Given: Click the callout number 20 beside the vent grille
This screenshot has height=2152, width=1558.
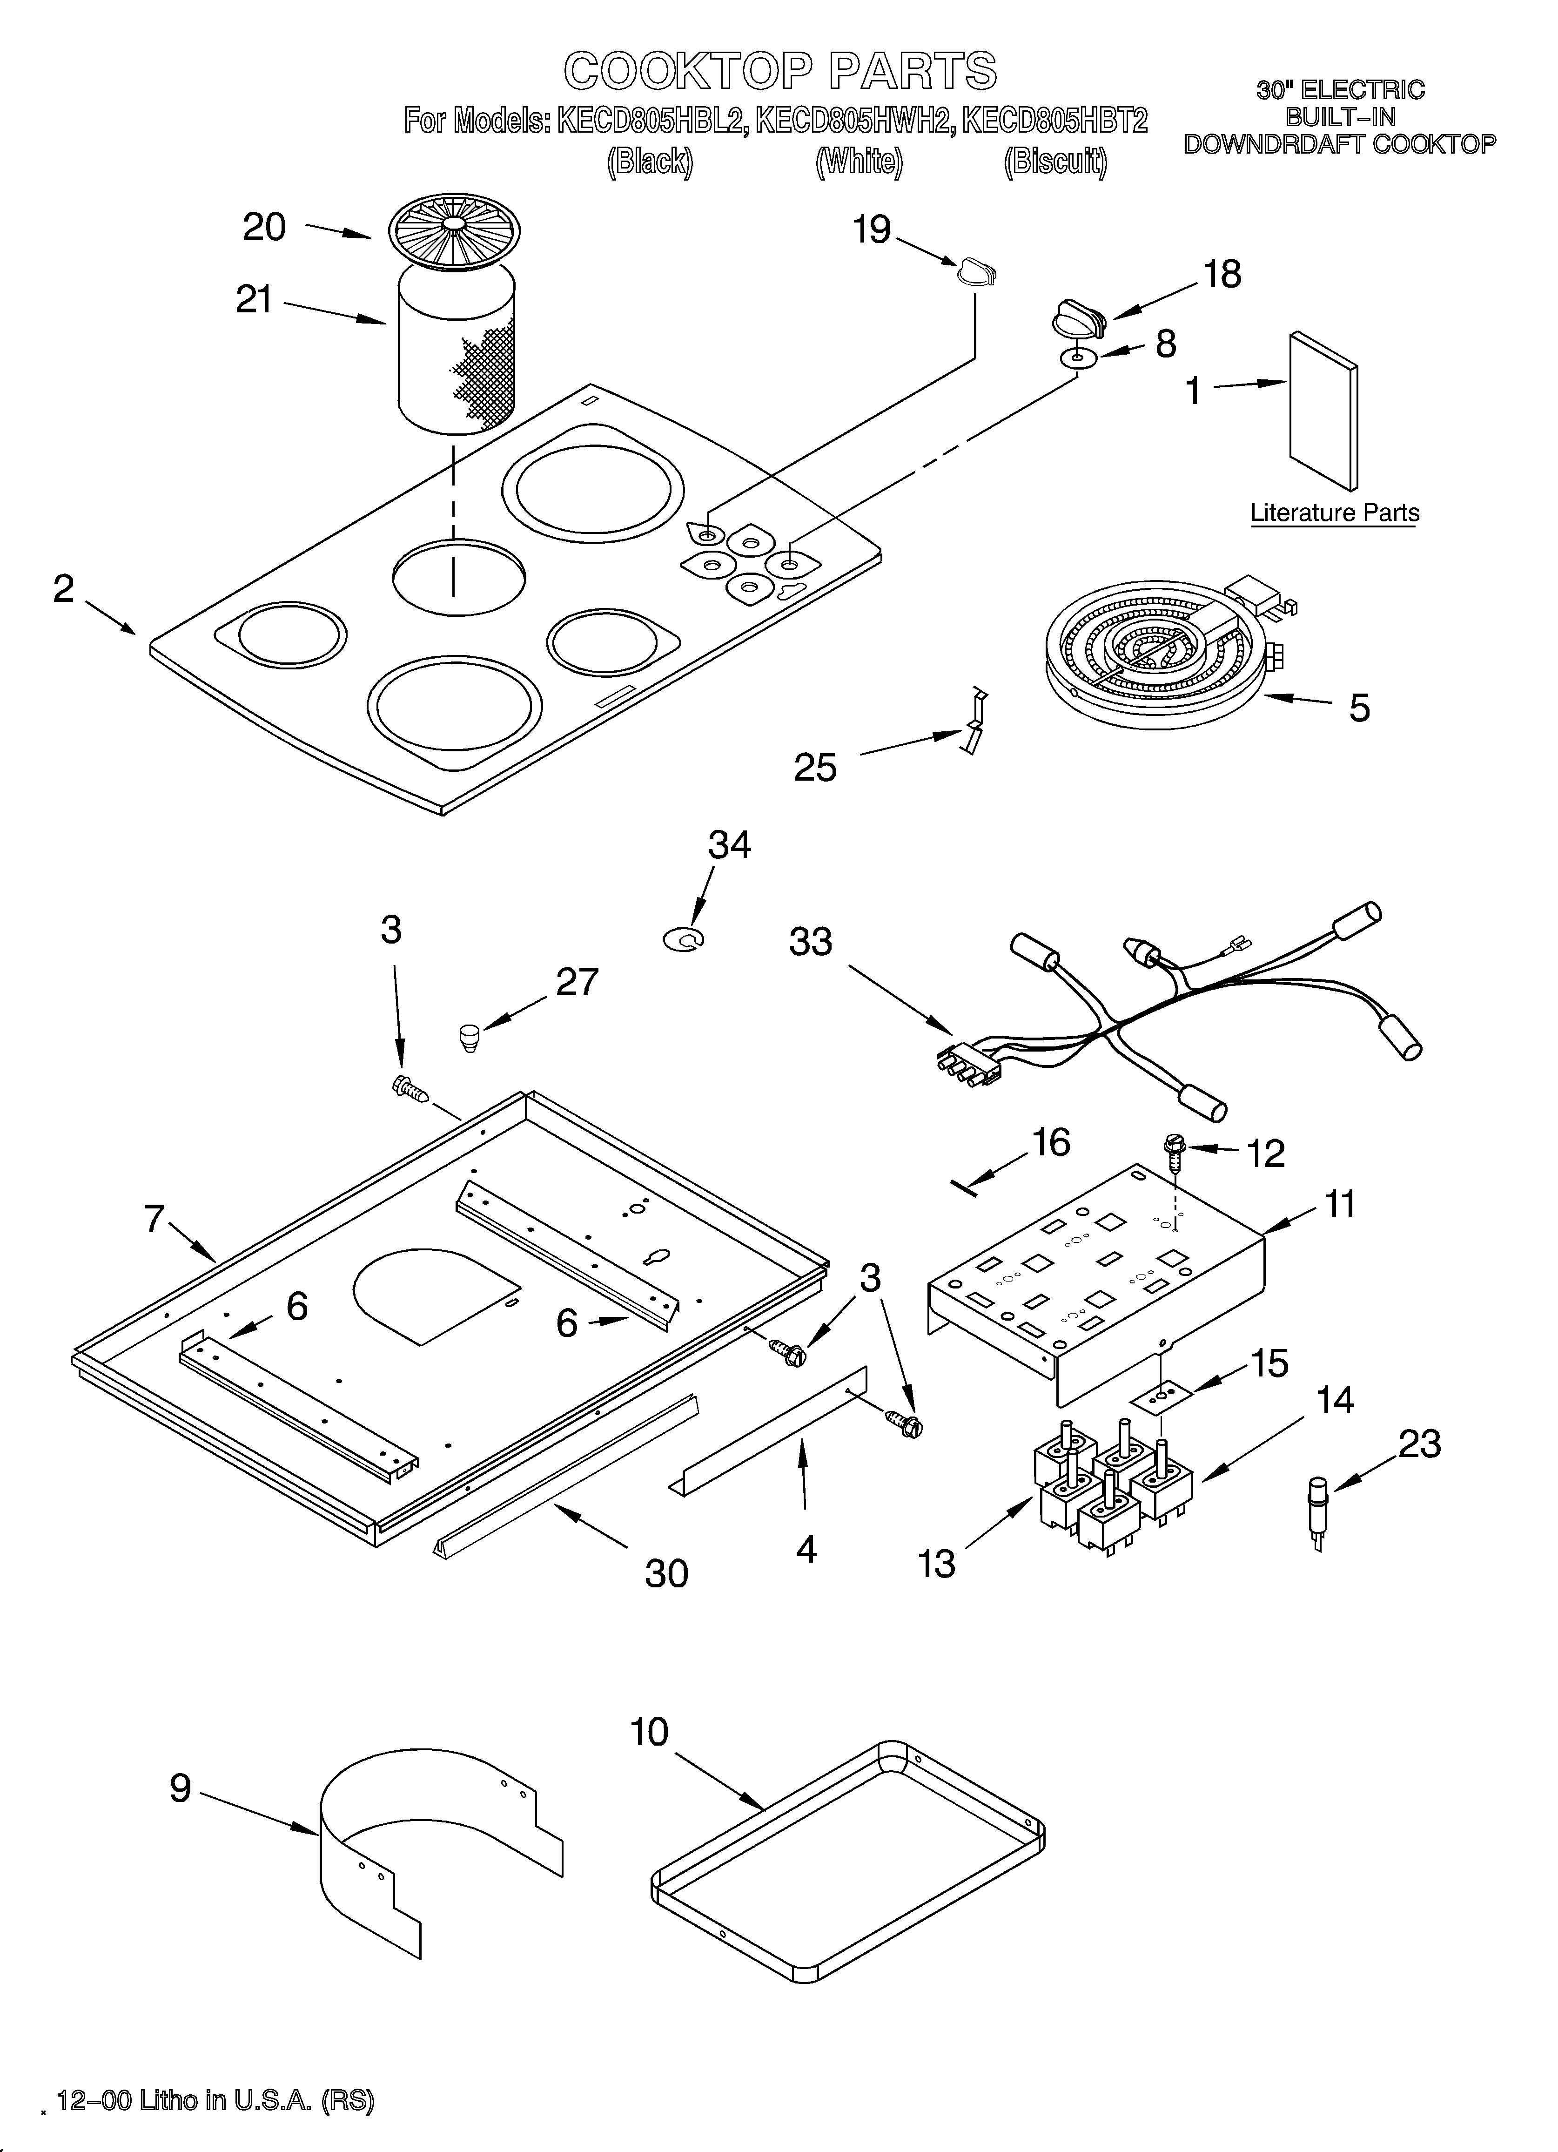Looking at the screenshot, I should (x=264, y=228).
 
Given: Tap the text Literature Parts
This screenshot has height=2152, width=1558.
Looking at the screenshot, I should (x=1334, y=513).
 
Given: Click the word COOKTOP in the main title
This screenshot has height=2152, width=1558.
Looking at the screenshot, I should (x=687, y=71).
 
